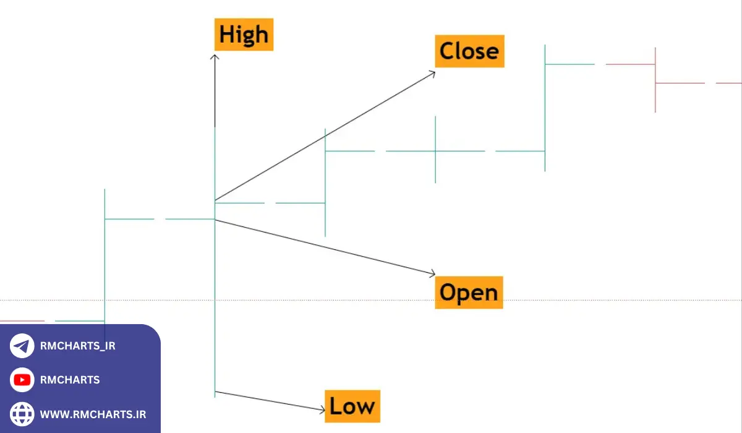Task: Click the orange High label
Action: click(x=244, y=35)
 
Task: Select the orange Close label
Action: click(x=470, y=51)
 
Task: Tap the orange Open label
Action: click(x=469, y=292)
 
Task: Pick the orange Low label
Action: click(x=352, y=406)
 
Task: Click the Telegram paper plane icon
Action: click(x=22, y=346)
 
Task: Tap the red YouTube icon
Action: click(x=22, y=380)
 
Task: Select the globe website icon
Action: click(x=22, y=414)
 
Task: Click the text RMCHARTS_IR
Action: click(x=77, y=346)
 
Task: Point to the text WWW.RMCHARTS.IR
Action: click(x=93, y=414)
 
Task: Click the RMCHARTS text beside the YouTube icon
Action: click(x=70, y=380)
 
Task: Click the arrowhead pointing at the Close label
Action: click(x=433, y=73)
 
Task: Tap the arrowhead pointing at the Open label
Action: click(x=433, y=273)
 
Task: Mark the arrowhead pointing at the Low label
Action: click(x=322, y=410)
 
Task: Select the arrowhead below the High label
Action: click(x=215, y=57)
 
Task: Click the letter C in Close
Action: click(x=446, y=51)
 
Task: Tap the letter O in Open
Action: click(x=448, y=292)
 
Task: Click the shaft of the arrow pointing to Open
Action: click(x=325, y=247)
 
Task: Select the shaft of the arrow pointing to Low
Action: click(x=270, y=401)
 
